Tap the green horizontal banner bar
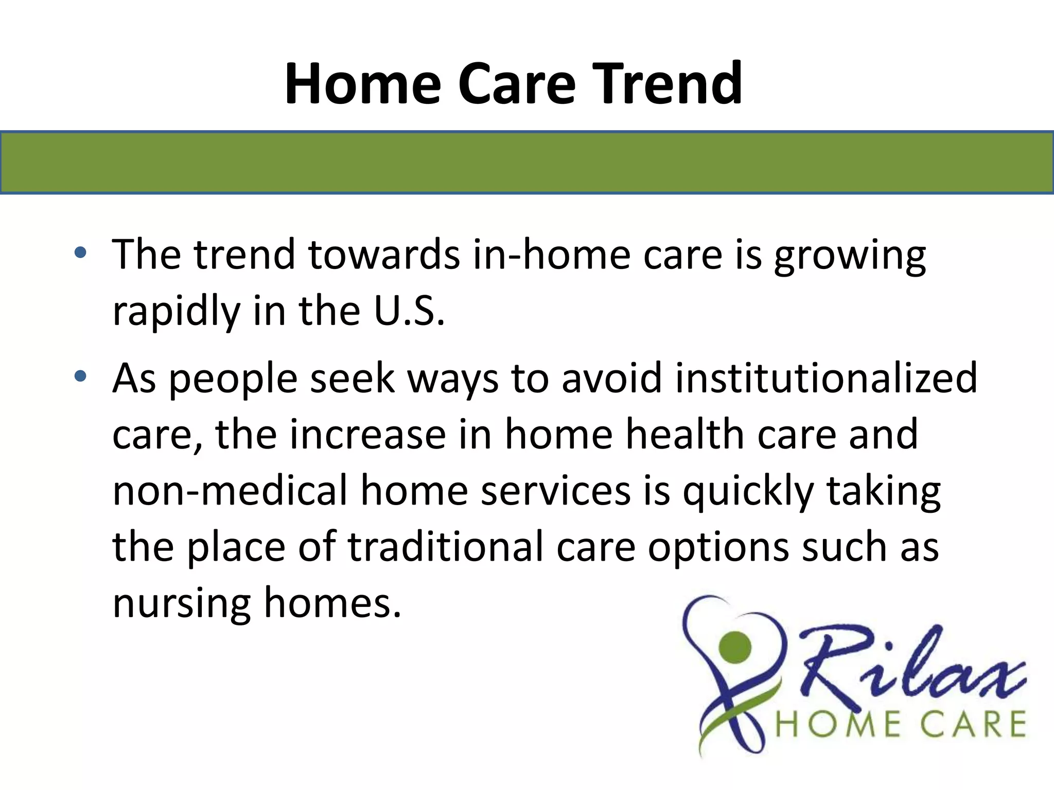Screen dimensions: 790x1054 tap(527, 163)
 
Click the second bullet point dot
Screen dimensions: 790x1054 tap(80, 376)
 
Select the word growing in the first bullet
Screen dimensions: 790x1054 tap(850, 256)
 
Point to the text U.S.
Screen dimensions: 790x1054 tap(409, 311)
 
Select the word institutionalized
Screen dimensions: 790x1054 tap(825, 378)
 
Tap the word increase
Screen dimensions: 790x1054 tap(367, 435)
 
